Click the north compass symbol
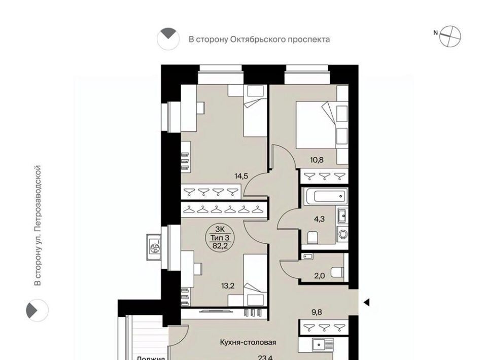point(450,36)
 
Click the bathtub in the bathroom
point(325,197)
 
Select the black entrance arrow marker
point(366,303)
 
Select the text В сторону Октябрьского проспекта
point(259,39)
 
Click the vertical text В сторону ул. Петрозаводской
point(37,225)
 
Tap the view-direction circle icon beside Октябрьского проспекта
point(168,39)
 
